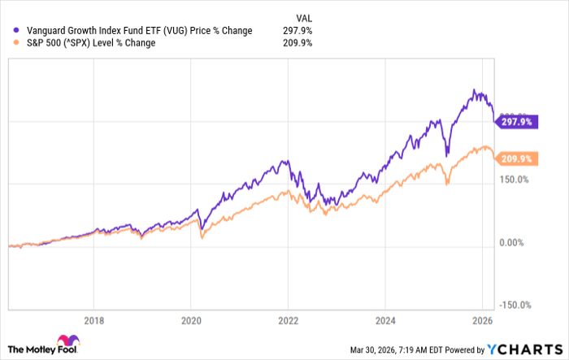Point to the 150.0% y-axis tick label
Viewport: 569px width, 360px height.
pos(515,180)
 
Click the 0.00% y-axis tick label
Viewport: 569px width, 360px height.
pos(514,242)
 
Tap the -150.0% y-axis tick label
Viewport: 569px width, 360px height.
pos(515,306)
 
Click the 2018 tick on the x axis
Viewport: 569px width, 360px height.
pos(95,319)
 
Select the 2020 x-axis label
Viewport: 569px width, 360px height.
pos(192,319)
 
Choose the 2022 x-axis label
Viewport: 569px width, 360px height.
pos(289,319)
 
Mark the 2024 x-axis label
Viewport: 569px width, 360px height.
pos(385,319)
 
